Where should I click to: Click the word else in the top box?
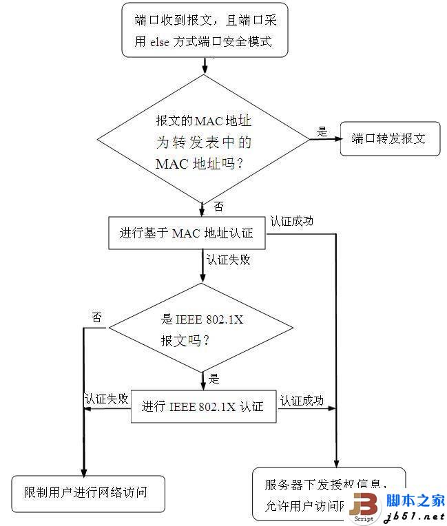point(163,41)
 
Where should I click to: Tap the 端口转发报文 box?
point(389,138)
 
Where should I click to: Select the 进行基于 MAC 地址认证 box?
point(187,233)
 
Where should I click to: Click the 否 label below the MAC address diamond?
point(218,207)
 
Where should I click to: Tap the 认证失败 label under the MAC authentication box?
point(228,260)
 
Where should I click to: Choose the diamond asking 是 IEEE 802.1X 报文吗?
point(202,328)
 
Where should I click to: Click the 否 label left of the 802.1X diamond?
point(97,317)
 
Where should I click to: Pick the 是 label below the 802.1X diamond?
point(214,378)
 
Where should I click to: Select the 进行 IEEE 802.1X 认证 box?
point(202,406)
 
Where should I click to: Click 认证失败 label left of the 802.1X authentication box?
point(106,399)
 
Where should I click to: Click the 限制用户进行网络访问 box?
point(89,492)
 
